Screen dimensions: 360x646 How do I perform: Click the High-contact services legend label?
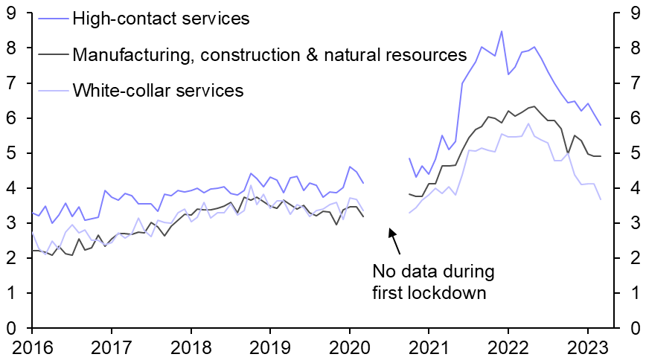click(161, 19)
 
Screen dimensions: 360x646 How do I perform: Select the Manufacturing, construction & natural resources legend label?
click(269, 55)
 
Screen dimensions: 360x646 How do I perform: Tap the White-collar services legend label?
click(159, 91)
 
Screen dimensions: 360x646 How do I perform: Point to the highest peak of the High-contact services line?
click(501, 31)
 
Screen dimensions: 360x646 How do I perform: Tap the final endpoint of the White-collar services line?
click(601, 199)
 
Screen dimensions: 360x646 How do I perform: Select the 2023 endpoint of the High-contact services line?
click(601, 125)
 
